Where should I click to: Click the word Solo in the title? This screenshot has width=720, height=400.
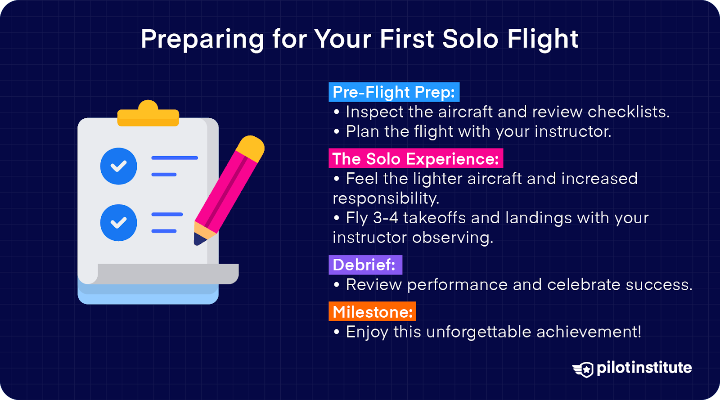470,39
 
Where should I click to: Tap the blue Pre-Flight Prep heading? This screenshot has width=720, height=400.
394,92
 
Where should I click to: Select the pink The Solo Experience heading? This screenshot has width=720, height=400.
415,159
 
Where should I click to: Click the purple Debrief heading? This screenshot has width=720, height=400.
364,265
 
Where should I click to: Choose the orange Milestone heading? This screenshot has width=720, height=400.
372,312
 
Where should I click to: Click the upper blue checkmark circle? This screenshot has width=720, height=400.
119,166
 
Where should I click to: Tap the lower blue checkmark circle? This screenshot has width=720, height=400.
119,223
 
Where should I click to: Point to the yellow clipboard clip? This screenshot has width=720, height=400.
148,114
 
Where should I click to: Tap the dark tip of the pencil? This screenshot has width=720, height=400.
198,239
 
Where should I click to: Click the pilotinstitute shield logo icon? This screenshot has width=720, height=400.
584,369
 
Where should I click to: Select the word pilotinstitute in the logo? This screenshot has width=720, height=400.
644,368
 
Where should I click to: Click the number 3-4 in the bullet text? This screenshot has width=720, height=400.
386,218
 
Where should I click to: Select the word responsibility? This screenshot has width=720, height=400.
385,198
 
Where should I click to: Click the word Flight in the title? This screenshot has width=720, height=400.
543,39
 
